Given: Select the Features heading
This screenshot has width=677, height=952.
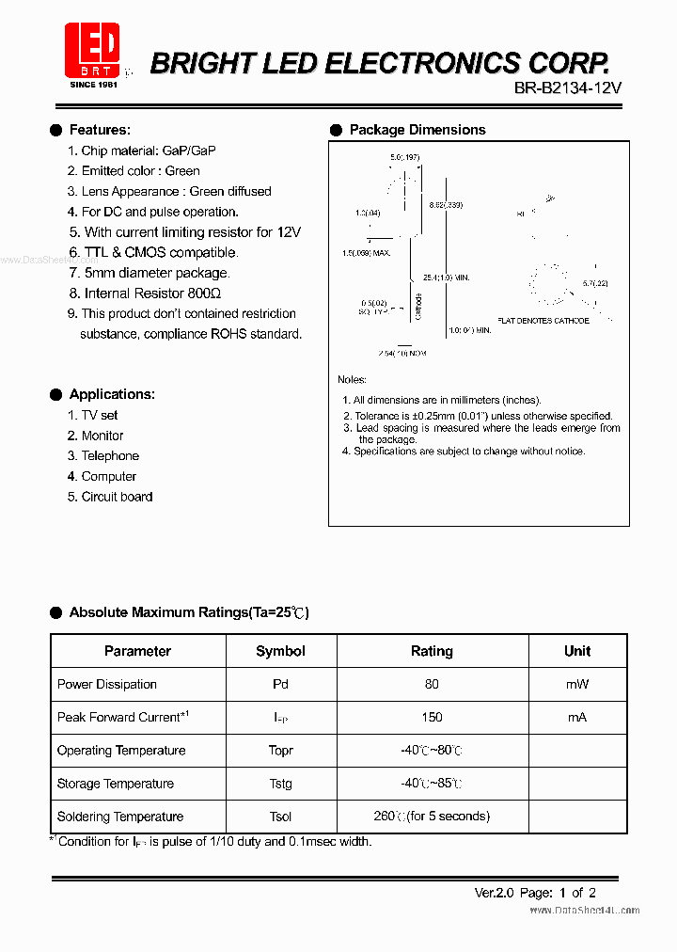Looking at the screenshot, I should point(100,130).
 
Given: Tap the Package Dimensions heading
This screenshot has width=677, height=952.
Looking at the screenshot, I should point(417,130).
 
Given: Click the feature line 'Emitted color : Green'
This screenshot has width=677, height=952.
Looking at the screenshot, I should point(134,171).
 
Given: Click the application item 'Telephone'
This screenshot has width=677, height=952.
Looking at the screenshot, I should point(110,455).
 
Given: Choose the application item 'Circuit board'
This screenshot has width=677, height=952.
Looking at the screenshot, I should point(117,497).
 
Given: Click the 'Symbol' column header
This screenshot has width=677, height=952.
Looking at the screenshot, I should point(280,651).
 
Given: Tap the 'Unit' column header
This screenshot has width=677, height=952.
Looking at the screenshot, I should point(577,651).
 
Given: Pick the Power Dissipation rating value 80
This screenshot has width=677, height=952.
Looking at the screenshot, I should point(432,684).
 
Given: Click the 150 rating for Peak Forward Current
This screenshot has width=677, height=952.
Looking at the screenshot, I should point(432,717).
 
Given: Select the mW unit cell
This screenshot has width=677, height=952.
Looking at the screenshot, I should point(577,684).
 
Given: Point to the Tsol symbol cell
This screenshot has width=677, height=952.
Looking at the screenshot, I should point(280,817).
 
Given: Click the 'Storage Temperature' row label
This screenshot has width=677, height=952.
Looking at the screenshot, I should point(116,784).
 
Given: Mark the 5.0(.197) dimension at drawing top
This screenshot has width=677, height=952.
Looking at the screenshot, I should point(405,157).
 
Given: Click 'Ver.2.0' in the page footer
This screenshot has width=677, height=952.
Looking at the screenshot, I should point(494,893).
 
